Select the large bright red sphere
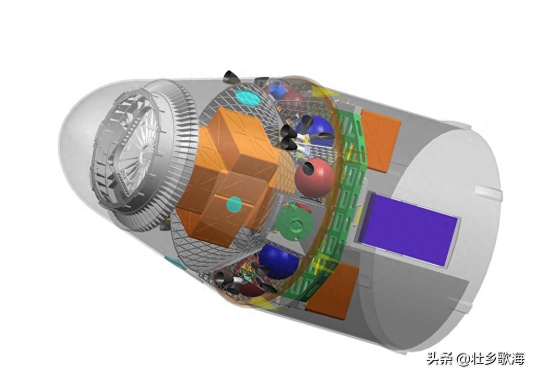(314, 178)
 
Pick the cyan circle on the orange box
(234, 204)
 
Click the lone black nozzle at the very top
(231, 77)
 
